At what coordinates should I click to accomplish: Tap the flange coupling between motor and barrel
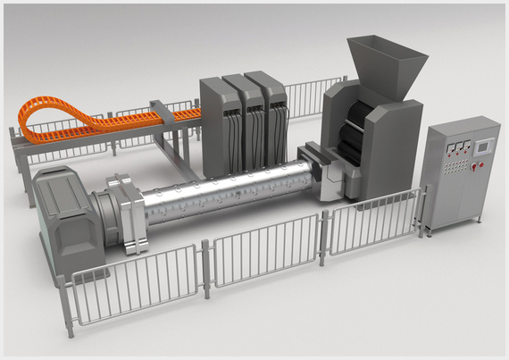coord(124,213)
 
